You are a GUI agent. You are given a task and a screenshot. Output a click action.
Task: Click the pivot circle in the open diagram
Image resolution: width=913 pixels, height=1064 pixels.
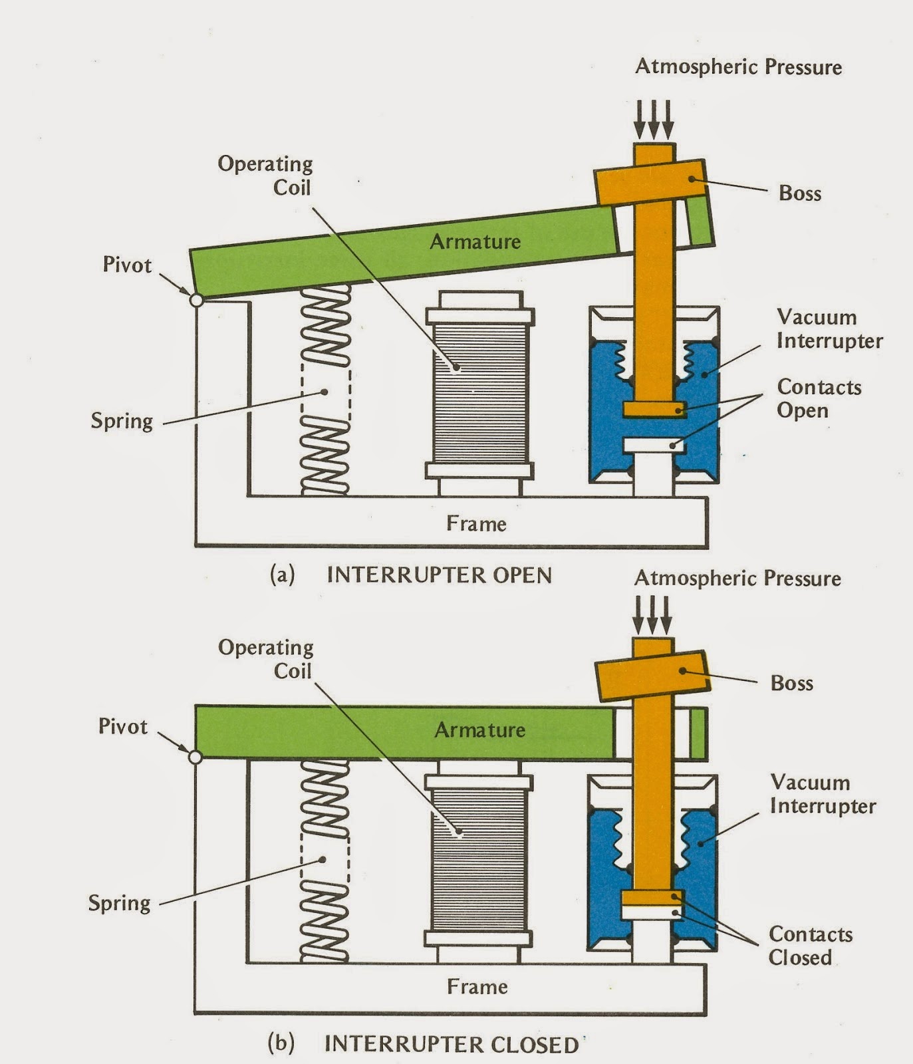[x=196, y=300]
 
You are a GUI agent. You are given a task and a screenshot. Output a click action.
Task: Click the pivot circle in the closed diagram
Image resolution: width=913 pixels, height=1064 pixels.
[x=195, y=757]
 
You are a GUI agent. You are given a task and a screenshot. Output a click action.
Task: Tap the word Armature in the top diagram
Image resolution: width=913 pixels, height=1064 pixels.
[x=475, y=241]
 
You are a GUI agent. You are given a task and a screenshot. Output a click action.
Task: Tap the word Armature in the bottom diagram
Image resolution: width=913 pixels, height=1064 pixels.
[x=479, y=730]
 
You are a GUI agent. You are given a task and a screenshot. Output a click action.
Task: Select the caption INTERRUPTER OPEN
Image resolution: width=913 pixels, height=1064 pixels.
[x=439, y=575]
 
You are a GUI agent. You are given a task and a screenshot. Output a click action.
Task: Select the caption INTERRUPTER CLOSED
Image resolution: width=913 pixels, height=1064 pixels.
[x=451, y=1044]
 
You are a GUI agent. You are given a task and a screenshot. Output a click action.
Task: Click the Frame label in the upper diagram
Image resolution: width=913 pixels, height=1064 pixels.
[x=476, y=523]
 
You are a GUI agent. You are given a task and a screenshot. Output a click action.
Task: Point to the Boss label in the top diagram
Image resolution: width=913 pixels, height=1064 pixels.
[x=800, y=194]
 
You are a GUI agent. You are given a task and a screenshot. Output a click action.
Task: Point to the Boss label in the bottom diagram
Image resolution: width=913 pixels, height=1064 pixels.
[x=791, y=683]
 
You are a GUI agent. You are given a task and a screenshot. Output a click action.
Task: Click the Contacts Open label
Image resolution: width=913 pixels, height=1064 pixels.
[x=819, y=398]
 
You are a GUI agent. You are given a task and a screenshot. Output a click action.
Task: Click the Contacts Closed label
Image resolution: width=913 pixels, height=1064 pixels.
[x=811, y=946]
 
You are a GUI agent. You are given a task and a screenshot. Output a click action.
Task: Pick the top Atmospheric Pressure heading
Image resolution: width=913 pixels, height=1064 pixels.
[x=738, y=66]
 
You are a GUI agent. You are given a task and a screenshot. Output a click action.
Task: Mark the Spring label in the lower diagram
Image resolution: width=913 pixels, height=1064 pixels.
[x=119, y=903]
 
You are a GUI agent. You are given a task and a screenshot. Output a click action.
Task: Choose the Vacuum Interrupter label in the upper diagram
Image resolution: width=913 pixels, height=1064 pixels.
[x=829, y=329]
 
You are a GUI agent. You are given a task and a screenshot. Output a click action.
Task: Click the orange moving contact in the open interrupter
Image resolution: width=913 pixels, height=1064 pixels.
[x=654, y=409]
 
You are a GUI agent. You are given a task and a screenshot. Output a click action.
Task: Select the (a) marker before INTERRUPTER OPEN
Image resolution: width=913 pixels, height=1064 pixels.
[x=282, y=575]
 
